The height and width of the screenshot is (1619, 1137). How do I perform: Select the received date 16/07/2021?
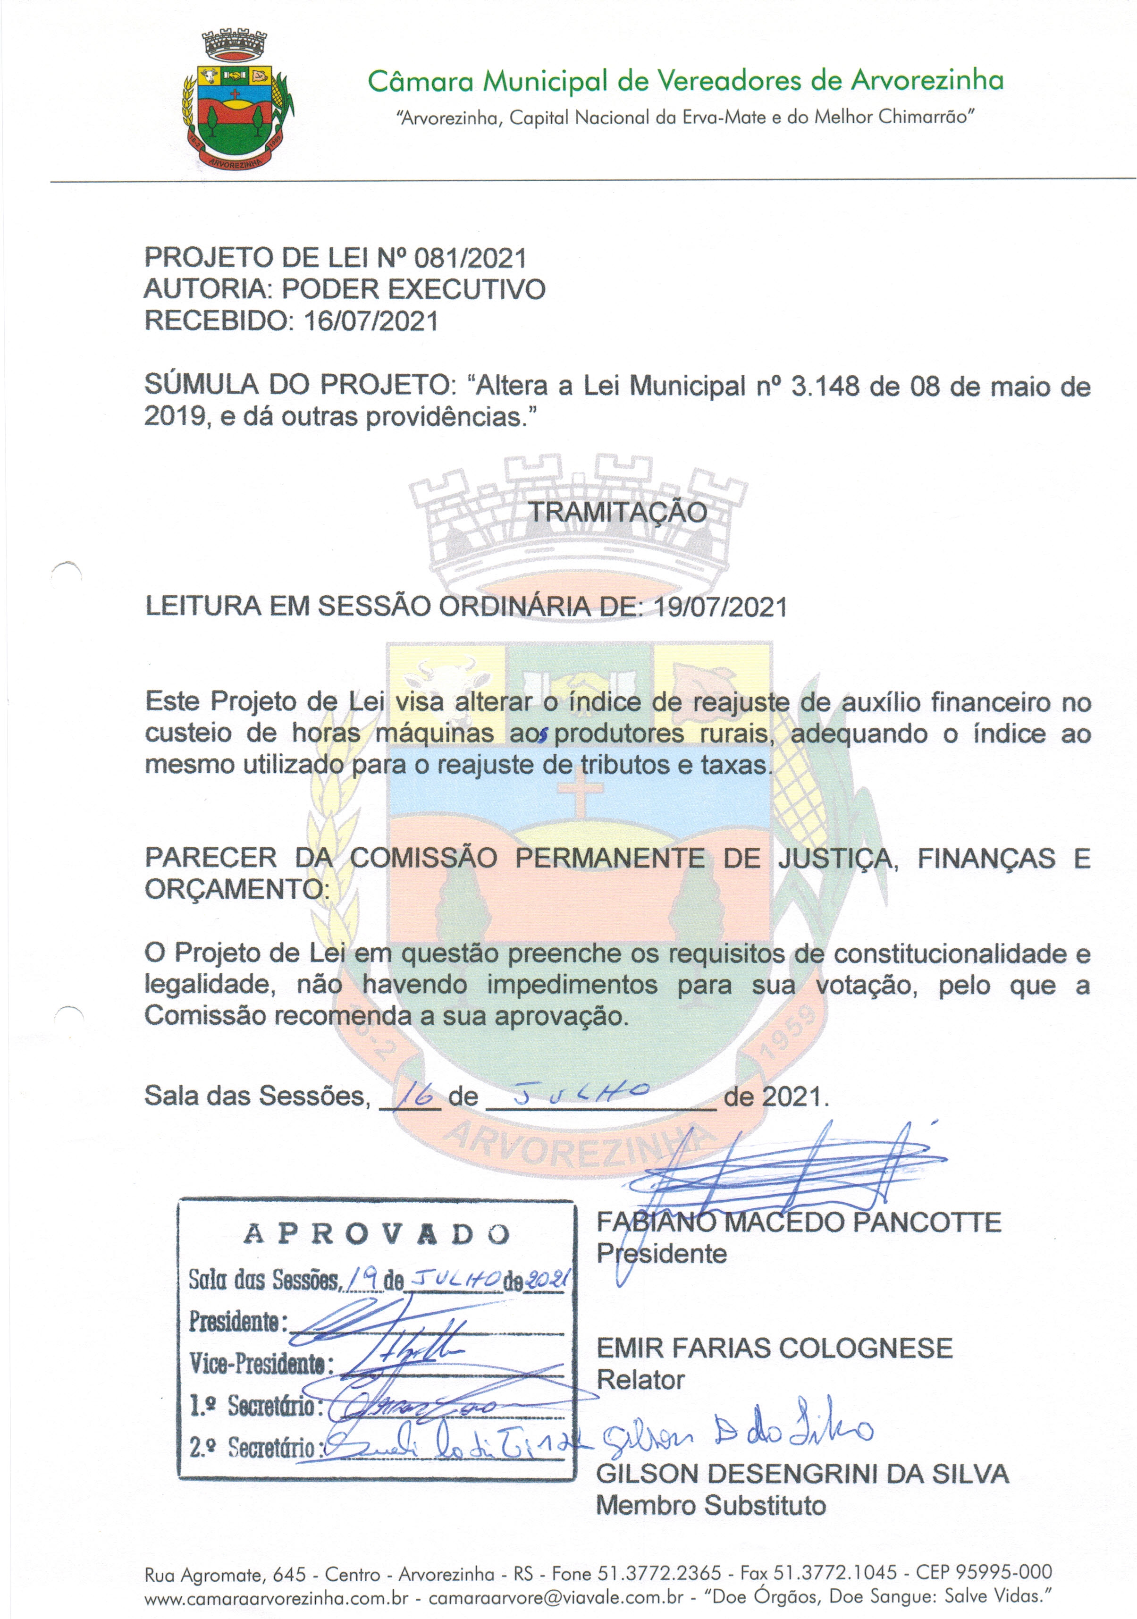371,321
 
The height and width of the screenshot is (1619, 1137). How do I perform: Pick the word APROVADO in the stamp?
377,1234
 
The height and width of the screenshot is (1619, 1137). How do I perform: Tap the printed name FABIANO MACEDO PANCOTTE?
799,1222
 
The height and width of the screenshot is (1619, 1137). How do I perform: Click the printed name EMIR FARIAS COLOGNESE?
774,1348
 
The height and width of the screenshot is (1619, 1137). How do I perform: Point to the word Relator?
640,1380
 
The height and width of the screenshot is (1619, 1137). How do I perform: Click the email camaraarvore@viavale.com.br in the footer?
556,1597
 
